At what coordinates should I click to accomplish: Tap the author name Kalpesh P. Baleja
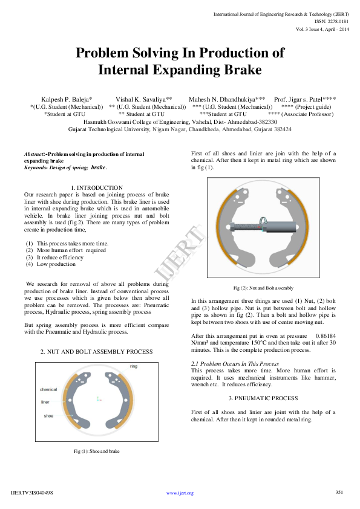coord(67,99)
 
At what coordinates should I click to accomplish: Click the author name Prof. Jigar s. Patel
coord(305,99)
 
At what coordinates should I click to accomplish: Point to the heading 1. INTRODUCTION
coord(97,188)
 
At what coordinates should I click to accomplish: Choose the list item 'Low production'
coord(56,264)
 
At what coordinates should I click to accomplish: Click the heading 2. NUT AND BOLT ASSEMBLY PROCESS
coord(96,351)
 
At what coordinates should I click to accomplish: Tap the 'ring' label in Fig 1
coord(134,366)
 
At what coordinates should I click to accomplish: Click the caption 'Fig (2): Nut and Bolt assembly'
coord(263,288)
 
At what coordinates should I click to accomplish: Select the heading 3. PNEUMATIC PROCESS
coord(263,398)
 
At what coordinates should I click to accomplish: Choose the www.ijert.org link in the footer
coord(180,493)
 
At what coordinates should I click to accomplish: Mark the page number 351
coord(339,492)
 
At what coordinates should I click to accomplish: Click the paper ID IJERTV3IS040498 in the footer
coord(32,493)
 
